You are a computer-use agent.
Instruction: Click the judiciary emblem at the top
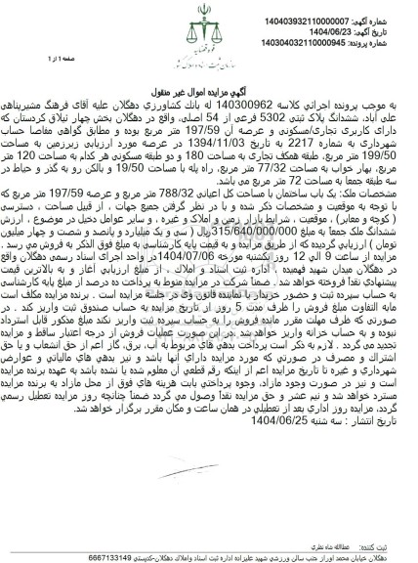coord(208,34)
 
